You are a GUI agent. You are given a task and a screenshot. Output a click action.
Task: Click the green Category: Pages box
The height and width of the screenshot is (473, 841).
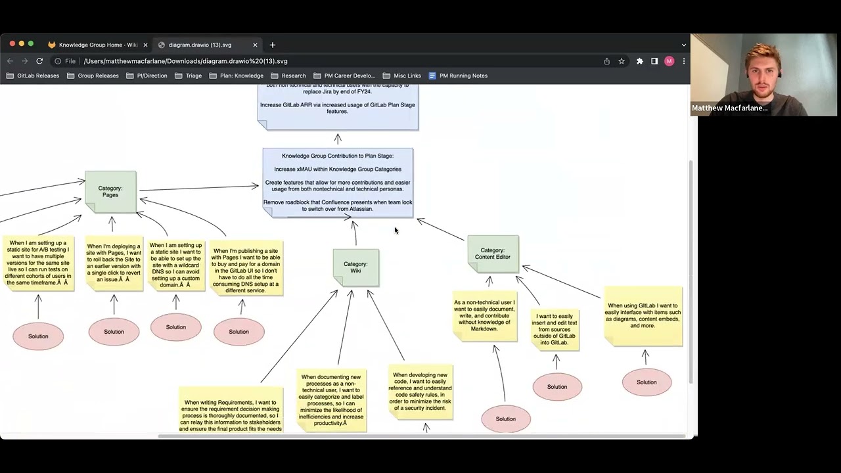(x=110, y=191)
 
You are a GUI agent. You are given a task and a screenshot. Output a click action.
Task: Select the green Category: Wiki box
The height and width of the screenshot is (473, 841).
(x=355, y=267)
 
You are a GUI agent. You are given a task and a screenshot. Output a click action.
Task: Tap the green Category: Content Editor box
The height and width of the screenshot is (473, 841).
(x=493, y=254)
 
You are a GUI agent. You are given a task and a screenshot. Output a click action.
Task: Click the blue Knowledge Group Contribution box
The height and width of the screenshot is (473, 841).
(x=338, y=182)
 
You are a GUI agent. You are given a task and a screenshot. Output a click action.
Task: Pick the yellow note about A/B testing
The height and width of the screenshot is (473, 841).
(x=38, y=263)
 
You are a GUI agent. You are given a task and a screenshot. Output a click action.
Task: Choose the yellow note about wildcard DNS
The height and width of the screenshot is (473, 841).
(x=176, y=265)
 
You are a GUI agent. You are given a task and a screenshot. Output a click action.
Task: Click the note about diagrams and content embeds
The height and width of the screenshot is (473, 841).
(x=643, y=316)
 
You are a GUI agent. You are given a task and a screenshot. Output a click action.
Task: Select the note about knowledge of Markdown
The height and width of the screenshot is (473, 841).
(x=485, y=316)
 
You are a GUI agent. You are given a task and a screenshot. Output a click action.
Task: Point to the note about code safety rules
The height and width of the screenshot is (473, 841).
(x=420, y=392)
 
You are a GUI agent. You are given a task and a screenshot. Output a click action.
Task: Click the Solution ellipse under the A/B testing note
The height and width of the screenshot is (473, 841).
(x=38, y=336)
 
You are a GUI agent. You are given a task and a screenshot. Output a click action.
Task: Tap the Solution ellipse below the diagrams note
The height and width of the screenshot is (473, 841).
(x=647, y=382)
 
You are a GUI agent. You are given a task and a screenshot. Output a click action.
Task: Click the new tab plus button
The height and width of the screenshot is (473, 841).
(x=273, y=45)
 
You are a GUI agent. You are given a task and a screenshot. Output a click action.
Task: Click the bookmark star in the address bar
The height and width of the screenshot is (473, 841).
(x=622, y=61)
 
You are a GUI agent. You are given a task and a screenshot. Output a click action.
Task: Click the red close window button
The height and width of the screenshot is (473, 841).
(x=12, y=44)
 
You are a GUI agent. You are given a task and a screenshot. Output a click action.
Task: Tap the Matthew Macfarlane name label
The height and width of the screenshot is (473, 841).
(x=729, y=108)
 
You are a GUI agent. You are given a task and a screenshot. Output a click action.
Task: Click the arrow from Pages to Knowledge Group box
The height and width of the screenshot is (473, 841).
(x=197, y=188)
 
